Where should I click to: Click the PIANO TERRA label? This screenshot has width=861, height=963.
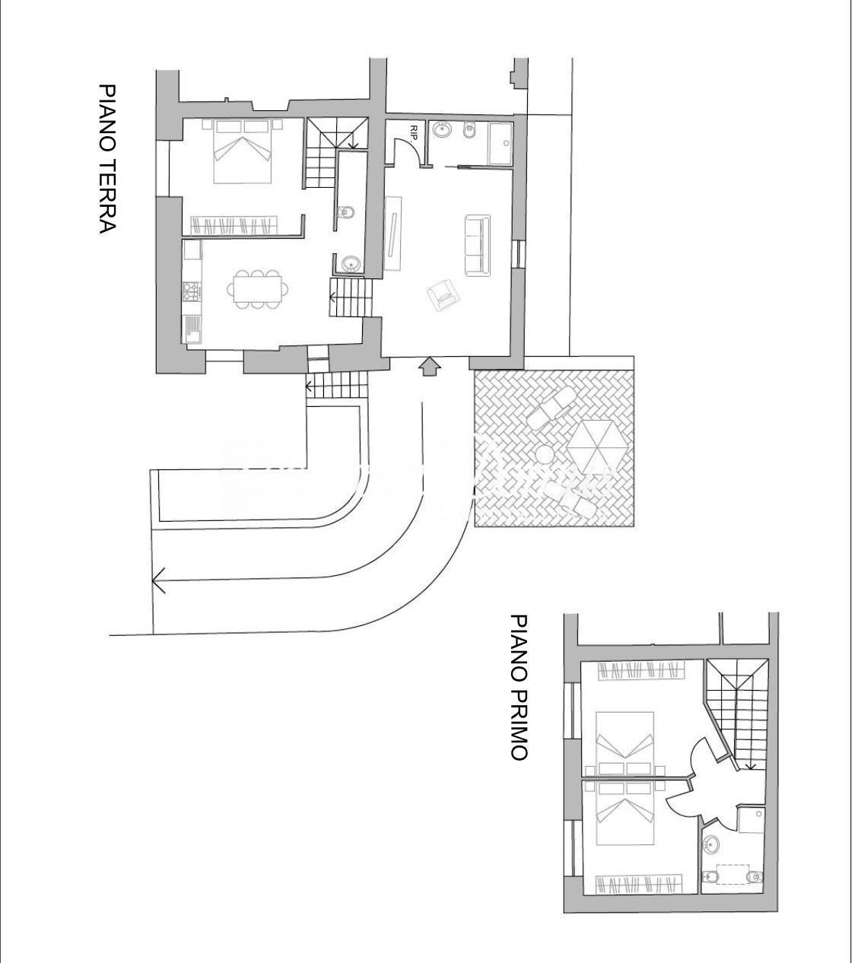(107, 159)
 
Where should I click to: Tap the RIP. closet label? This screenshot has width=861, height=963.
(414, 132)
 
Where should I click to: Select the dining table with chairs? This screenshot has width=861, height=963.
(258, 290)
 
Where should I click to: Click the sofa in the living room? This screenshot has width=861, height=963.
(478, 245)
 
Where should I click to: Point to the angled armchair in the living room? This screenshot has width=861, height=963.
(443, 294)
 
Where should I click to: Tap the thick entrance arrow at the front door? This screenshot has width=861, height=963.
(430, 367)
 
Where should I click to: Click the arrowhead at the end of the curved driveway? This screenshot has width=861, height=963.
(159, 580)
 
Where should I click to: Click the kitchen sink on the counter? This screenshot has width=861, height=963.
(192, 329)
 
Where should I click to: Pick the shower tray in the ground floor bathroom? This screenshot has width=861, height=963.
(500, 144)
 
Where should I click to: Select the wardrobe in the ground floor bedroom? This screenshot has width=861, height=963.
(234, 225)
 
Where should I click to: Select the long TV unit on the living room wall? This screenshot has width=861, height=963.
(393, 234)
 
